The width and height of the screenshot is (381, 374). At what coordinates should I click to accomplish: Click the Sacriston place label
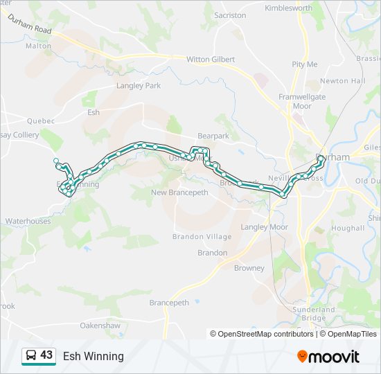point(230,15)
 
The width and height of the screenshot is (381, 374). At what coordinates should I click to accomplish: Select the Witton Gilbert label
point(211,60)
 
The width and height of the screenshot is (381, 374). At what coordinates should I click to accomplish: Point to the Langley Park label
point(139,86)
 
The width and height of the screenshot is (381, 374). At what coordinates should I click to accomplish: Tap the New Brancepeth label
point(179,193)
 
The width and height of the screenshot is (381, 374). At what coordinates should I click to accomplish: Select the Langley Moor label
point(264,227)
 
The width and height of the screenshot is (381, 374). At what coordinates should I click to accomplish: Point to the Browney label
point(249,268)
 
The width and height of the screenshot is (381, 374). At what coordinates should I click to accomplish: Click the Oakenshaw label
point(100,326)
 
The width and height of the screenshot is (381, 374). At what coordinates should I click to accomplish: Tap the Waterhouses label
point(28,222)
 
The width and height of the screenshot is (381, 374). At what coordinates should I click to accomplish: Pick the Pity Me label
point(305,64)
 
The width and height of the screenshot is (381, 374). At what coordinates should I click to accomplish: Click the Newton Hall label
point(342,81)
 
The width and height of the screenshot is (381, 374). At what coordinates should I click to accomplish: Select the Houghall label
point(348,228)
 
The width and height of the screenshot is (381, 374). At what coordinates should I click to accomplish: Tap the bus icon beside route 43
point(31,356)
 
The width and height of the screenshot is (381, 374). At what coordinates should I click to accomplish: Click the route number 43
point(46,355)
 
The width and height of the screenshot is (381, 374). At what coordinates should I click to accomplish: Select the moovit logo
point(328,357)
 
